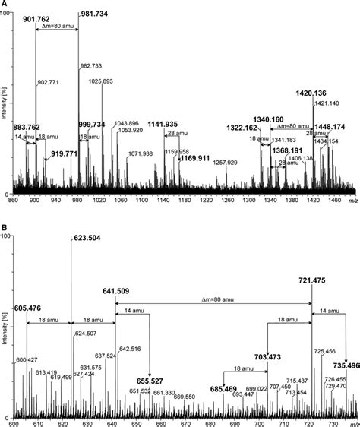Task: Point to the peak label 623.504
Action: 89,238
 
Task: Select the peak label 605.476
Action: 30,307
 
